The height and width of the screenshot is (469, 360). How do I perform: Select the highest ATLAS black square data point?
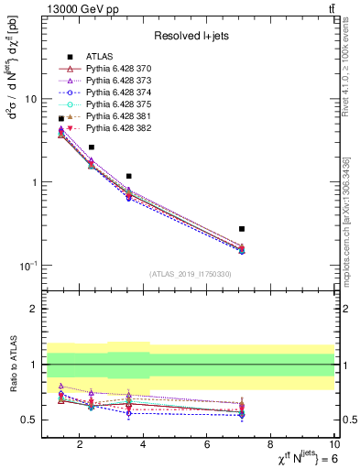61,119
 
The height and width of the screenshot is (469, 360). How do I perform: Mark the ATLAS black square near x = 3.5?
129,176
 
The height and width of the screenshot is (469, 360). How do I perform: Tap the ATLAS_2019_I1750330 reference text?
191,274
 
